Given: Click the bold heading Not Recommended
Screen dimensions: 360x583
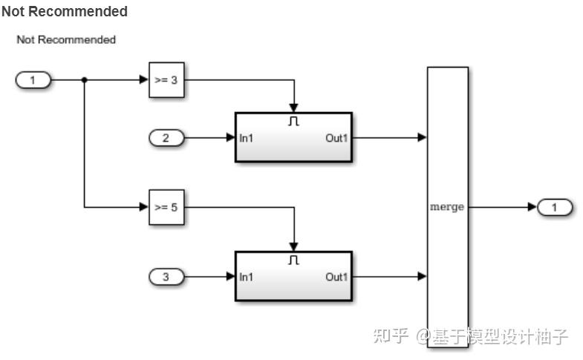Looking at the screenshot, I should point(65,12).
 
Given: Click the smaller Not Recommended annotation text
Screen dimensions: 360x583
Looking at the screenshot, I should point(66,39).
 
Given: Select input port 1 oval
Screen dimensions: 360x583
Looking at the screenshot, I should point(33,80).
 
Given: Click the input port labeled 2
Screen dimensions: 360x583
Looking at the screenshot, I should point(166,137).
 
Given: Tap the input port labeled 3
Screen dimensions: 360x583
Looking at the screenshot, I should point(166,277).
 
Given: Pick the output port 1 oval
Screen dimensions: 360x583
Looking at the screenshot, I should point(555,207).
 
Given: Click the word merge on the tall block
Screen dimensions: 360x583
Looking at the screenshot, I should point(447,207).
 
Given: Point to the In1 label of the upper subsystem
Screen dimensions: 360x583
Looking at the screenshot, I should point(247,137).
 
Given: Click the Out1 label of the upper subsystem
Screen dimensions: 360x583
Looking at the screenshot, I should point(336,137).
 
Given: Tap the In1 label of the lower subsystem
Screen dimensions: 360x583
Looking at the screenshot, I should point(247,277).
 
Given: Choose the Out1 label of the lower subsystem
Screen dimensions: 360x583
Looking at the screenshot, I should point(336,277).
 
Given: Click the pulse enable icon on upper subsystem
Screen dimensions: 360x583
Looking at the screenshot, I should point(293,121).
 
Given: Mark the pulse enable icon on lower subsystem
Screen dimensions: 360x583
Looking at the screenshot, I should point(293,261).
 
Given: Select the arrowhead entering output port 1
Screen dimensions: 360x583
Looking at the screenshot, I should point(532,207).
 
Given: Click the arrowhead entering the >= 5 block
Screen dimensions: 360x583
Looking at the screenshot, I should point(144,207).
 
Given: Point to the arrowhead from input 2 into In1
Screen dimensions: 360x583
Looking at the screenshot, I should point(230,137).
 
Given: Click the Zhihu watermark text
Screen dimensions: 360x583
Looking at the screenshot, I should point(470,336).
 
